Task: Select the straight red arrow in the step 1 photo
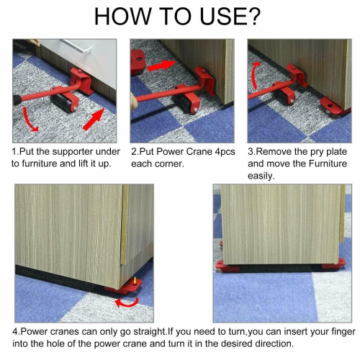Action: tap(92, 117)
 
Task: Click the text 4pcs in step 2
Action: tap(220, 153)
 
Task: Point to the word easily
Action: tap(263, 176)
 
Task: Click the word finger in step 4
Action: tap(330, 333)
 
